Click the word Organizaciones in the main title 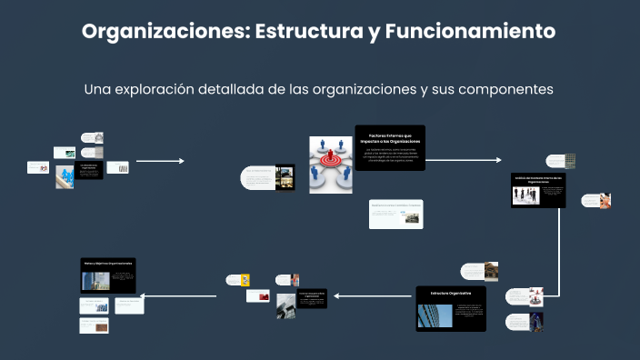point(165,31)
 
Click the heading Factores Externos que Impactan point(390,139)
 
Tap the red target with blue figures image point(330,164)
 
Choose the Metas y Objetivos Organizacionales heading point(108,263)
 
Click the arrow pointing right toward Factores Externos point(160,161)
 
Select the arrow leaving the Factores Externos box point(463,160)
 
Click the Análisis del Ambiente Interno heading point(538,180)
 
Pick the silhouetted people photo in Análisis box point(525,195)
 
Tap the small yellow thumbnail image point(245,280)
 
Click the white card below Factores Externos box point(395,213)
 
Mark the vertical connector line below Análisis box point(567,245)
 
